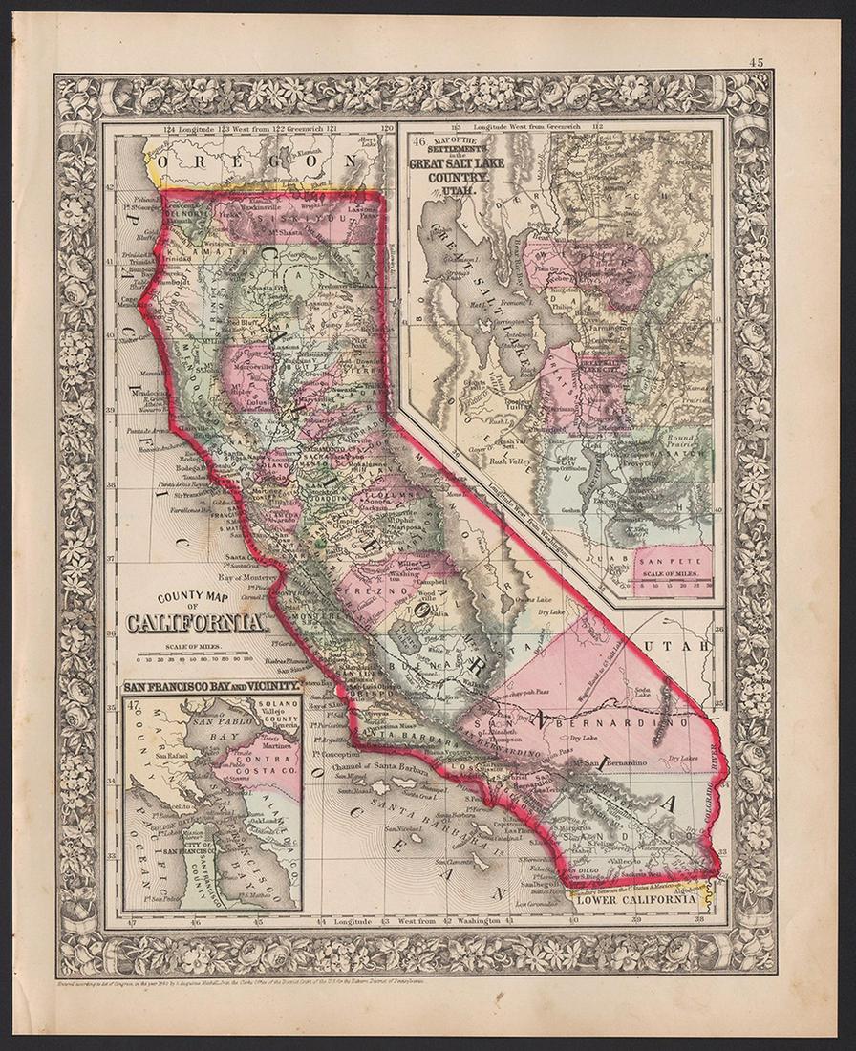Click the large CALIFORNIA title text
(197, 627)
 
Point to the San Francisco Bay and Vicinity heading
(211, 687)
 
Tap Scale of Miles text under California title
(196, 647)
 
